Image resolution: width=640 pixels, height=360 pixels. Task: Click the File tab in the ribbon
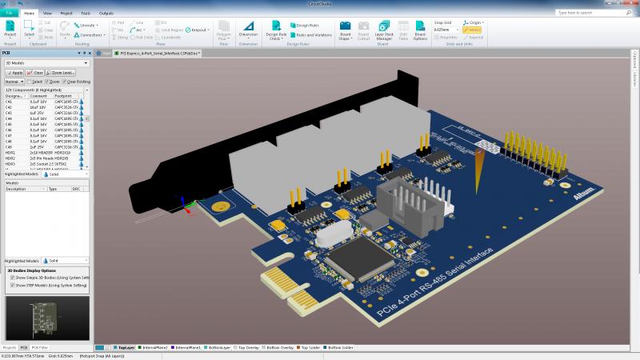[x=10, y=14]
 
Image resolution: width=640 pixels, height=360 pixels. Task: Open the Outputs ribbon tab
[x=106, y=14]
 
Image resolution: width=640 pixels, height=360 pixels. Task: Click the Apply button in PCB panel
[x=14, y=72]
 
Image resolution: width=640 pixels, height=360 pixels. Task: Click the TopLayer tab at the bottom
[x=124, y=348]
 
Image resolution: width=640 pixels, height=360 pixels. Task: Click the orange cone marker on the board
[x=480, y=165]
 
